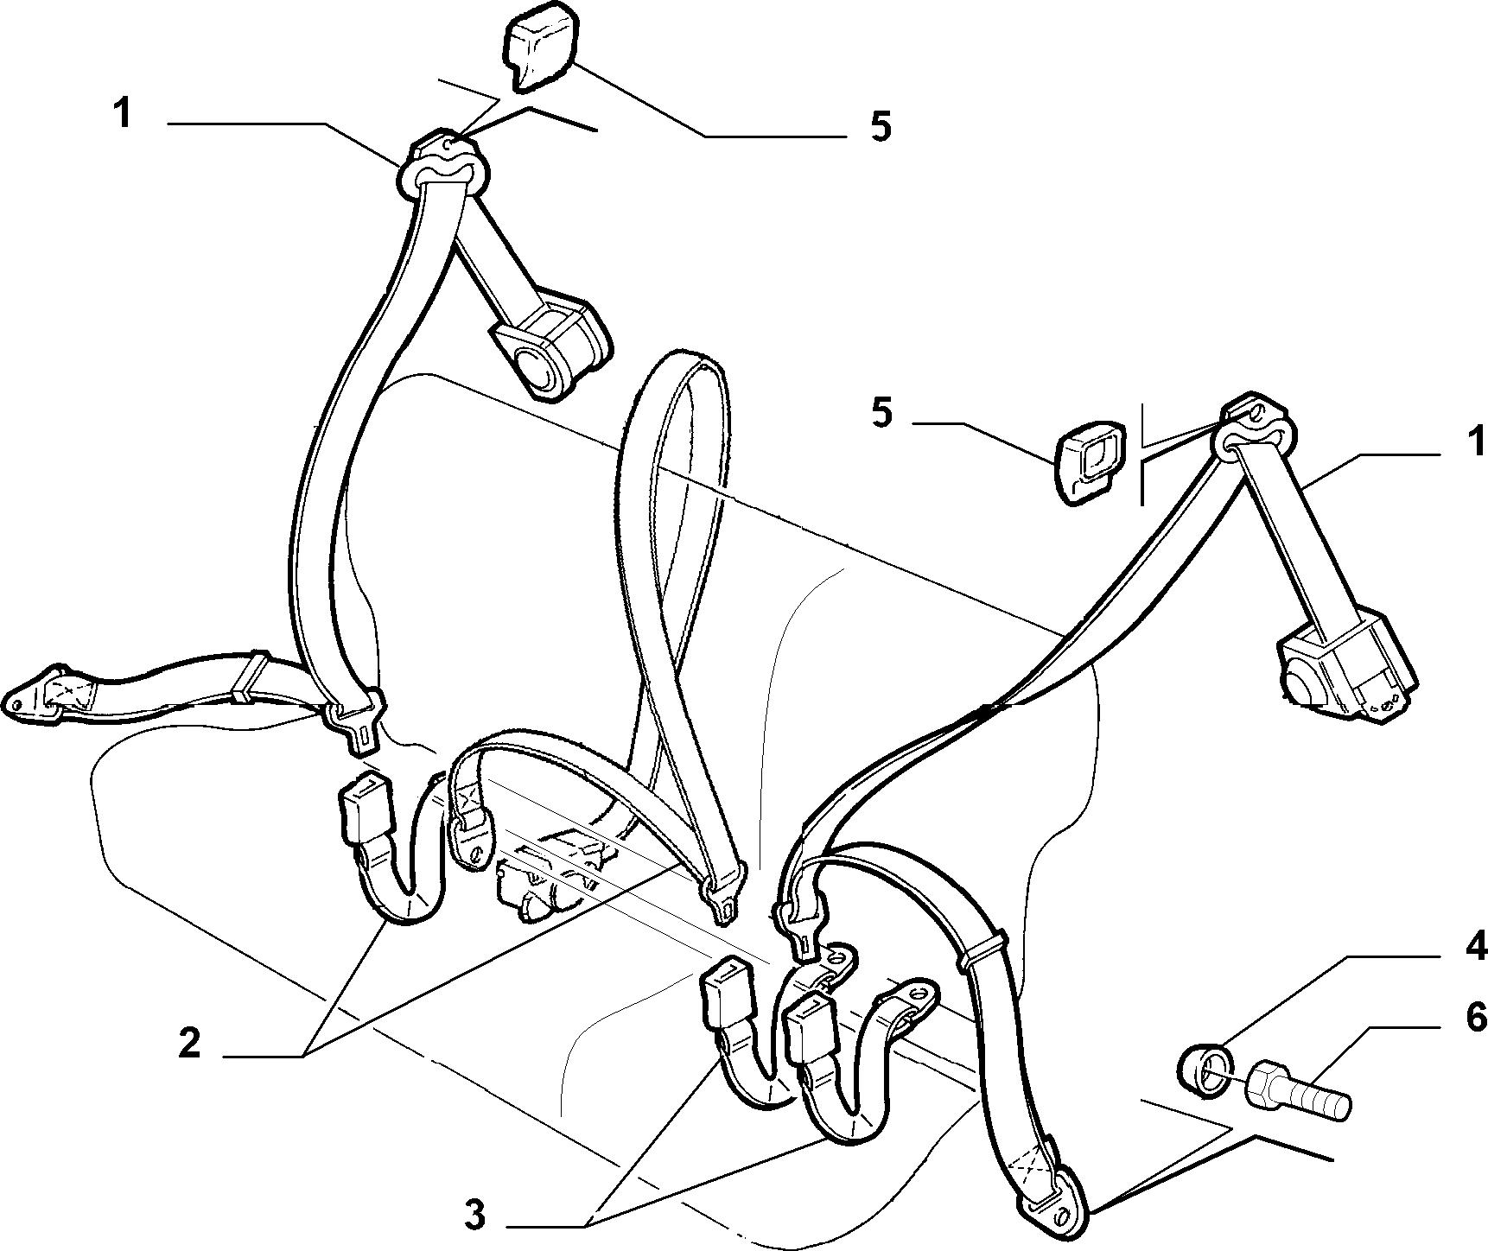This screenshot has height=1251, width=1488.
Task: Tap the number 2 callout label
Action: click(x=189, y=1044)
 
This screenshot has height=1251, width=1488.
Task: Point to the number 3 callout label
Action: click(x=474, y=1216)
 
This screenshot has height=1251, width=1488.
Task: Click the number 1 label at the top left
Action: click(x=123, y=113)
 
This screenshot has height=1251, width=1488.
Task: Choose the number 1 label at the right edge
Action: click(x=1476, y=441)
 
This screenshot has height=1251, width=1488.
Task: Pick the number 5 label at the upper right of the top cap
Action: click(x=880, y=126)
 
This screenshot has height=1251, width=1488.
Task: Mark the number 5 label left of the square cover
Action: click(x=881, y=413)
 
